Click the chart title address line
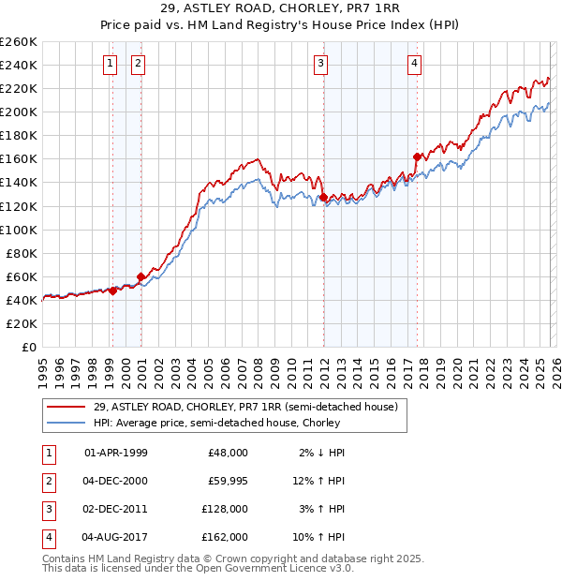pos(281,9)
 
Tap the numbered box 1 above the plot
pos(111,64)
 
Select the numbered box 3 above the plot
pos(320,64)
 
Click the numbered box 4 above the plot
pos(414,64)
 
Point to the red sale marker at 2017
pos(417,156)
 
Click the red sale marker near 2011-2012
pos(323,198)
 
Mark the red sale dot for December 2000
pos(140,276)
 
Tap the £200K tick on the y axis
pos(19,112)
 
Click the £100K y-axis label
pos(19,230)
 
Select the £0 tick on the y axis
pos(28,347)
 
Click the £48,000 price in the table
pos(227,453)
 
